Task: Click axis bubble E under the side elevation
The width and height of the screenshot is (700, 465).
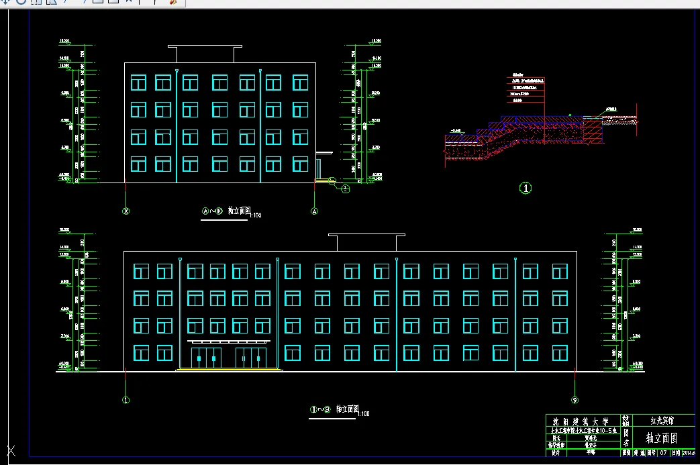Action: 126,211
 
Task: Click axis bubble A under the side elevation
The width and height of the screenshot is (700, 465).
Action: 313,211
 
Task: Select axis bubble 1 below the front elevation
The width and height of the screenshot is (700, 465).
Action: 126,401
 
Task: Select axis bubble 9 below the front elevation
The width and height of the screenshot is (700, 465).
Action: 575,401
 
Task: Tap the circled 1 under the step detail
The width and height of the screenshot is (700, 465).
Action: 526,189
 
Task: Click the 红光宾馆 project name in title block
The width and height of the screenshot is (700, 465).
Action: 662,421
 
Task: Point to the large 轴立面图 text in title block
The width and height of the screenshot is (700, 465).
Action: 661,438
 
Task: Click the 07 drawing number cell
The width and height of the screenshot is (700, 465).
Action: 662,454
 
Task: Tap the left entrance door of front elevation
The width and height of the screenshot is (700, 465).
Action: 206,358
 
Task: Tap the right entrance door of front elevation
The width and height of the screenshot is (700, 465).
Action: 251,358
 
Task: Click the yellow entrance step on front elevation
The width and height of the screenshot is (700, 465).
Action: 228,369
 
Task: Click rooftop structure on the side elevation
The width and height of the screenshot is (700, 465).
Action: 205,54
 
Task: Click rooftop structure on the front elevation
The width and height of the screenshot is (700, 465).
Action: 366,242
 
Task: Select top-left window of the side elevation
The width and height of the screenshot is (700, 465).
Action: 138,83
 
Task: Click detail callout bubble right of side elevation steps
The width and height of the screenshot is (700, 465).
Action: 345,189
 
